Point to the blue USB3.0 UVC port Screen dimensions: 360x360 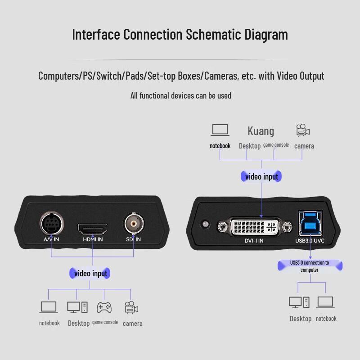click(310, 224)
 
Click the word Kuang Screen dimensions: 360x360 click(261, 131)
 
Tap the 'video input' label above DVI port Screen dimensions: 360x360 click(262, 176)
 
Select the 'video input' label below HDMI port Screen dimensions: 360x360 click(91, 273)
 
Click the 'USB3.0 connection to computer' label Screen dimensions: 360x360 click(310, 266)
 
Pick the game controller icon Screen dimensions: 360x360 click(104, 307)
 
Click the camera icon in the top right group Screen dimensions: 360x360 click(303, 130)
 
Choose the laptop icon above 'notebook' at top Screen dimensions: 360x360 click(220, 130)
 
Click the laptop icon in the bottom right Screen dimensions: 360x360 click(325, 302)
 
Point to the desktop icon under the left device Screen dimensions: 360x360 click(77, 307)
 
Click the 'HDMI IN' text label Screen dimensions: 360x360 click(93, 239)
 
